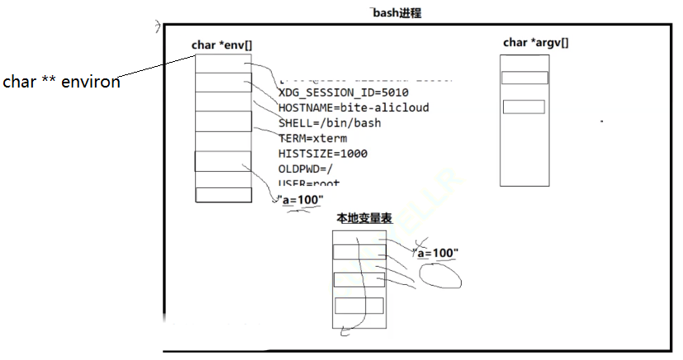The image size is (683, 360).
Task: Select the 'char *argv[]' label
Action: click(535, 43)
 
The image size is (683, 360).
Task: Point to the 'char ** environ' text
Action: click(61, 82)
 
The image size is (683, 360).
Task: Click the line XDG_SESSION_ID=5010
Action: click(343, 92)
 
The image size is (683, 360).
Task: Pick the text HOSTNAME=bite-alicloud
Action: click(353, 107)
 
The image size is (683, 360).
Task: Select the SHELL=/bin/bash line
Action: click(330, 123)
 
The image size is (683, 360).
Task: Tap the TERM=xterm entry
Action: click(311, 138)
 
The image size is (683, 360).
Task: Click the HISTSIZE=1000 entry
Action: click(323, 153)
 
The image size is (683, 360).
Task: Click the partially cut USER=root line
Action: click(309, 182)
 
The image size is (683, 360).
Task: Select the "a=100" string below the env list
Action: click(301, 201)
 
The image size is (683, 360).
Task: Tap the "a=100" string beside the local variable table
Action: click(437, 253)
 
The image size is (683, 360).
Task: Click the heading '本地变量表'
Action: click(364, 219)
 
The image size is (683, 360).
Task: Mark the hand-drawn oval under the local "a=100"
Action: click(441, 276)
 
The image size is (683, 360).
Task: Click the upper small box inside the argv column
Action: click(524, 78)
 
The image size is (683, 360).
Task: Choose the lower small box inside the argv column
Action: click(524, 107)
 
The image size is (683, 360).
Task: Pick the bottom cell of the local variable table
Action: click(358, 306)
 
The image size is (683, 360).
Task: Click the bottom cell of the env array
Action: click(223, 195)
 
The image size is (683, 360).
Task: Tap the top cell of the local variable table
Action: click(358, 252)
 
